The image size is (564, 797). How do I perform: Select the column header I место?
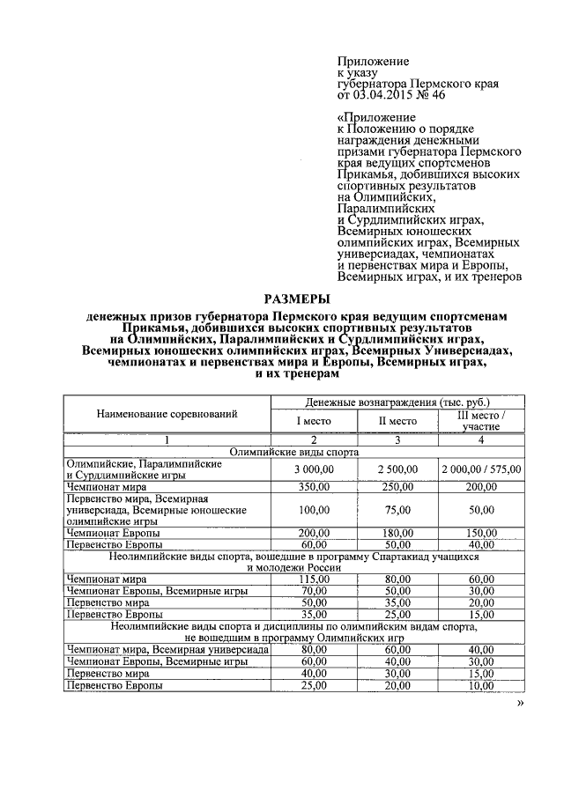pos(312,421)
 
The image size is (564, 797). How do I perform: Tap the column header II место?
pos(397,421)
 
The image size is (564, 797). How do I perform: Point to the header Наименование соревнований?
pos(167,413)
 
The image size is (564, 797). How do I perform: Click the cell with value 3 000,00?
pos(312,469)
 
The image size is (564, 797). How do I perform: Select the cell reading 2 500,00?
pos(397,469)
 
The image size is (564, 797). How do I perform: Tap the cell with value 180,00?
pos(397,533)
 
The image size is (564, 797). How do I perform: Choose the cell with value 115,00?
pos(312,579)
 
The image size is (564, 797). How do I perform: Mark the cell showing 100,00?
pos(312,509)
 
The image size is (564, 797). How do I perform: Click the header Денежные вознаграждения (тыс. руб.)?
pos(397,402)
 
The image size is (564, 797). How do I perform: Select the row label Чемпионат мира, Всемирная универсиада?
pos(168,649)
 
